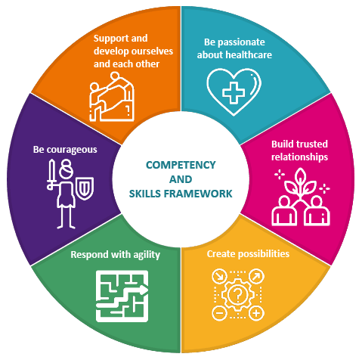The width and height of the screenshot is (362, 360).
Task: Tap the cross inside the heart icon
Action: [234, 92]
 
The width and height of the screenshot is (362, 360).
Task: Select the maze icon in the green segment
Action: [122, 296]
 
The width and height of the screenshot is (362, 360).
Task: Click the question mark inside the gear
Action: [237, 295]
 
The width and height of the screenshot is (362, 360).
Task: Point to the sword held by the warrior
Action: [51, 175]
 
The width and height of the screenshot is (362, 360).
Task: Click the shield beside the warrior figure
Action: [85, 188]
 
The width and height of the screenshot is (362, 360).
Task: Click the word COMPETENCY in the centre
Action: [181, 165]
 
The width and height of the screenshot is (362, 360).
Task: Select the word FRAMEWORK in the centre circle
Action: [198, 194]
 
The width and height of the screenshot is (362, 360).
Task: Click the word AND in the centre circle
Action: [181, 179]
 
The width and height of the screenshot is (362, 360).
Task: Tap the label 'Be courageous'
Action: [65, 150]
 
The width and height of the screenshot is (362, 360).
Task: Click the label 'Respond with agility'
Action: [116, 255]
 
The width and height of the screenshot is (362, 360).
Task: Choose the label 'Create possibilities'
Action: [248, 254]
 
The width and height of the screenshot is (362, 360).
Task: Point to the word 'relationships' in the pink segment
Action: [299, 157]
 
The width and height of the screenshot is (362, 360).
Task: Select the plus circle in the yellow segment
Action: [256, 313]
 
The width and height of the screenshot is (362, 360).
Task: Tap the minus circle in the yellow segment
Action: [220, 313]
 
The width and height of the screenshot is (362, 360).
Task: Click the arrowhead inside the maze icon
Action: [144, 290]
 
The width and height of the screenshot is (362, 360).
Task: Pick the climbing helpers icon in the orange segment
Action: [112, 97]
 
